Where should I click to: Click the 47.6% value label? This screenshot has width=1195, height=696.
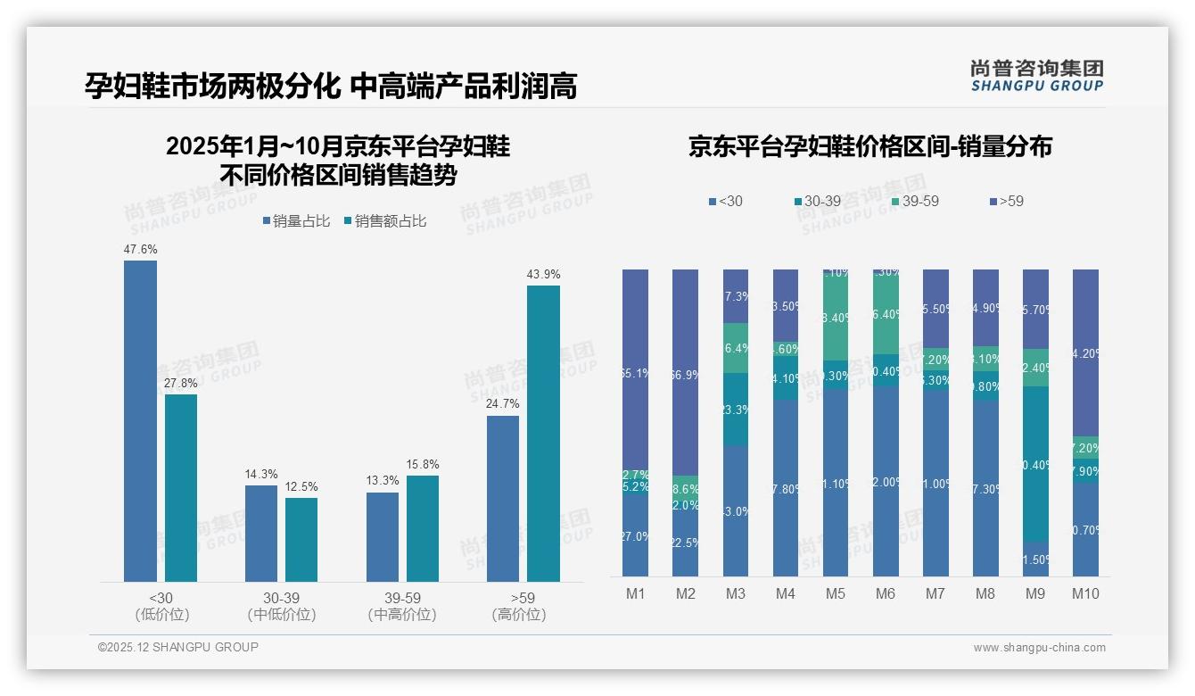pos(140,250)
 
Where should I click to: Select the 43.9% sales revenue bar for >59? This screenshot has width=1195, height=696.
pos(543,434)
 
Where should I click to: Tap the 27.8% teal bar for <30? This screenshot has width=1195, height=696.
pos(181,488)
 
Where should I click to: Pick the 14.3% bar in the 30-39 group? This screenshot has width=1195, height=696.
pos(260,534)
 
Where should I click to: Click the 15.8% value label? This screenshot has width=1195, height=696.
pos(423,465)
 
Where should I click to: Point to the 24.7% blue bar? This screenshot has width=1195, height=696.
pos(503,499)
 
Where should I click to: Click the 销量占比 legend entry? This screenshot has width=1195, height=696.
pos(295,221)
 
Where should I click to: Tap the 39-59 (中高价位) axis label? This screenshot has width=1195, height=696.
pos(402,606)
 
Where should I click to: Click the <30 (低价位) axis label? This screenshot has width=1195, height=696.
pos(161,606)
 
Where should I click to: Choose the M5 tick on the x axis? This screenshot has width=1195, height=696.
pos(836,594)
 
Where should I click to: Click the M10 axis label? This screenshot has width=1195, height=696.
pos(1085,594)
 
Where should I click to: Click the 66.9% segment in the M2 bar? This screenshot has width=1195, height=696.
pos(686,373)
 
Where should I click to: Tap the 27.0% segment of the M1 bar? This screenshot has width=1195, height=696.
pos(636,535)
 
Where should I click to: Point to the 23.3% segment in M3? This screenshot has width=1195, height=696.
pos(736,409)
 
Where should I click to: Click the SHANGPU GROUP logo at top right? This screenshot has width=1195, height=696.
pos(1036,76)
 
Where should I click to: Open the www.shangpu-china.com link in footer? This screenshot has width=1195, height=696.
pos(1039,648)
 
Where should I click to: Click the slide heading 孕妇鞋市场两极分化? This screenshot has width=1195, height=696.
pos(212,86)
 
